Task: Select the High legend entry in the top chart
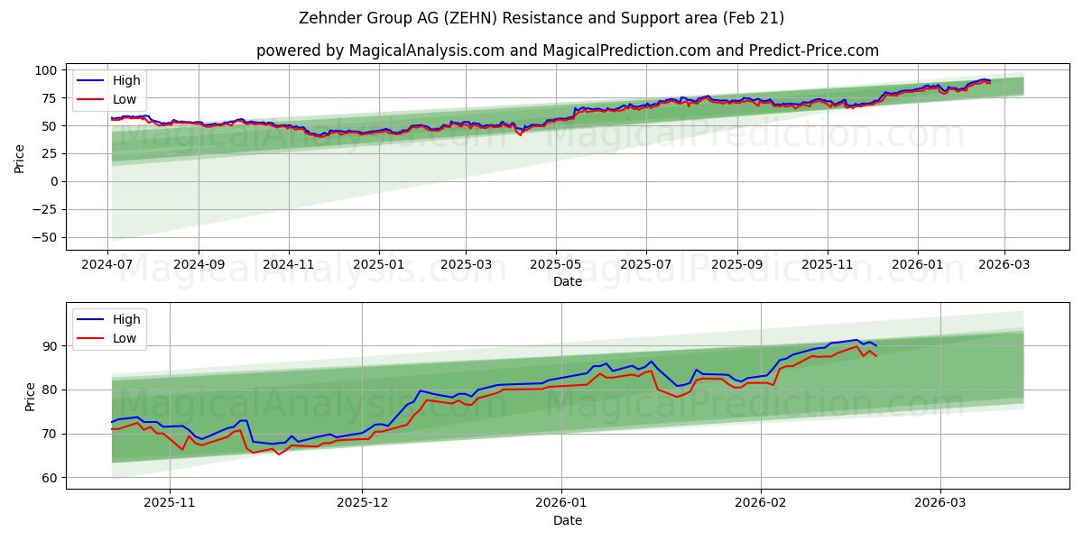tap(125, 80)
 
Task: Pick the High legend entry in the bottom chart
tap(125, 319)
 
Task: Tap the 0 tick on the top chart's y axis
tap(52, 181)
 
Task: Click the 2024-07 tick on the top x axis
tap(108, 265)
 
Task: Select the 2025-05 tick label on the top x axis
tap(556, 265)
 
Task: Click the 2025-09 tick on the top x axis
tap(737, 265)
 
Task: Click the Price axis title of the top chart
tap(20, 158)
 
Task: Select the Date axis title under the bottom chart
tap(567, 520)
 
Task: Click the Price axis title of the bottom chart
tap(31, 397)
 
